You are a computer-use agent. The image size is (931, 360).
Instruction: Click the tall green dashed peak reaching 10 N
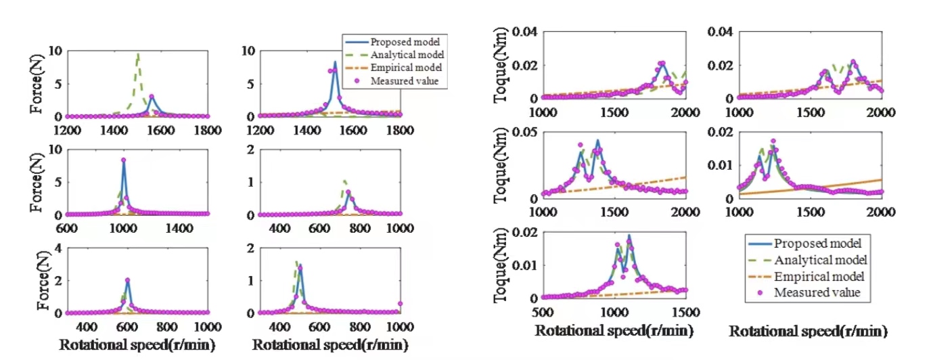click(x=138, y=54)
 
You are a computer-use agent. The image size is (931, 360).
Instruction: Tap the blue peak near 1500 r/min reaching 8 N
click(x=334, y=63)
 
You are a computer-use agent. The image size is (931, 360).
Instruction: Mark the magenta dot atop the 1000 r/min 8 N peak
click(x=123, y=160)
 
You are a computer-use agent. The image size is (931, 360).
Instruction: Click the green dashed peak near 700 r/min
click(x=344, y=181)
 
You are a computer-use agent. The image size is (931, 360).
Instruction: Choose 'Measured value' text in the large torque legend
click(x=819, y=293)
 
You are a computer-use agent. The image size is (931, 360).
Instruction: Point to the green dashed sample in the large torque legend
click(x=752, y=260)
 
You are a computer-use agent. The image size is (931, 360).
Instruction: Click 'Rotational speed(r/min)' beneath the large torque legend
click(x=808, y=332)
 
